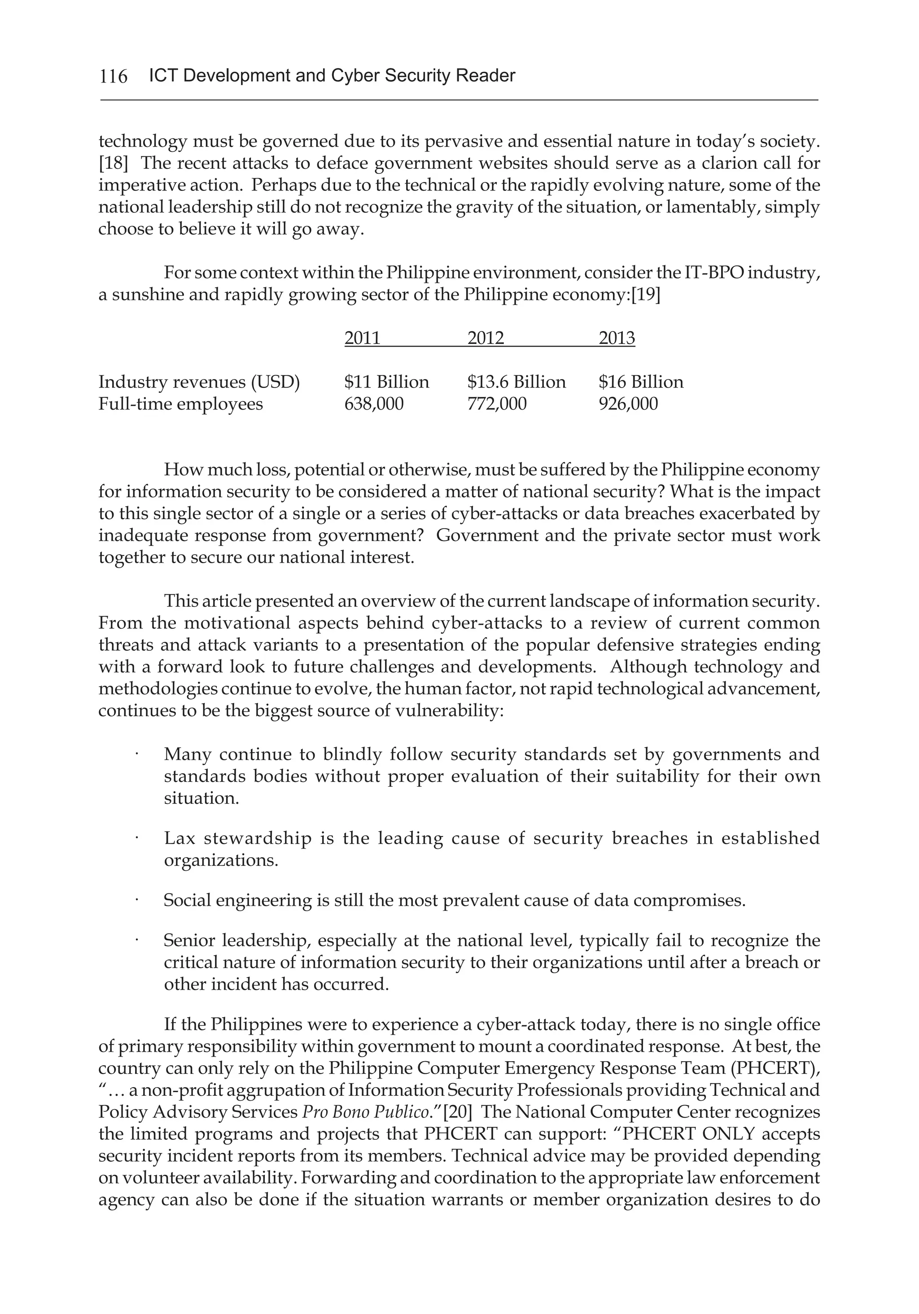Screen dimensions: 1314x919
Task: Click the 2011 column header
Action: point(362,338)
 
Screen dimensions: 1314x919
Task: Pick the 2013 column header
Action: point(617,338)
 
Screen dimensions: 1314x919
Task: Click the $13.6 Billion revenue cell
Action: point(516,382)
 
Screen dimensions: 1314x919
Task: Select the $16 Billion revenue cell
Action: point(640,382)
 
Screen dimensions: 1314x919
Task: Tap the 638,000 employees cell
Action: point(373,404)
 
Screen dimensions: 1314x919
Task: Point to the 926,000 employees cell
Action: point(628,404)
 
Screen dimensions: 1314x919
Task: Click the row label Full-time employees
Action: point(181,404)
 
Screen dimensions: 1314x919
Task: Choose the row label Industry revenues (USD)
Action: point(199,382)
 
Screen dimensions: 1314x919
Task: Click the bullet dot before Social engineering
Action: point(138,900)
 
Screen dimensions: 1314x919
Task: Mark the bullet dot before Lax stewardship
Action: point(138,838)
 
